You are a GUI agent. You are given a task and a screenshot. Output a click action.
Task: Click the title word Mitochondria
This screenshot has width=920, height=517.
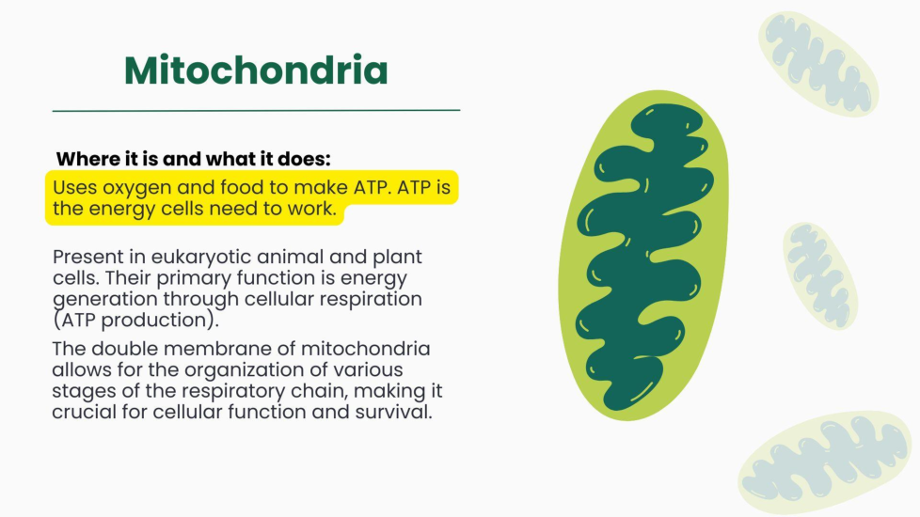click(x=256, y=70)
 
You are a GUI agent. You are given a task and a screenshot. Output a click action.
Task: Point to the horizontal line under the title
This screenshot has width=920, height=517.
click(x=256, y=110)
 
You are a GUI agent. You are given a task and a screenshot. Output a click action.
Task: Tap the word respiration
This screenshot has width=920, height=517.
click(x=371, y=299)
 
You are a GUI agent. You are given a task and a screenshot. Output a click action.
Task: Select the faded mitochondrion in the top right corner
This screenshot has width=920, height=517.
click(x=818, y=64)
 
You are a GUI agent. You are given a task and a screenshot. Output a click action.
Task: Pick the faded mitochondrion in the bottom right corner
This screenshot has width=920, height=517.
click(x=826, y=462)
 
